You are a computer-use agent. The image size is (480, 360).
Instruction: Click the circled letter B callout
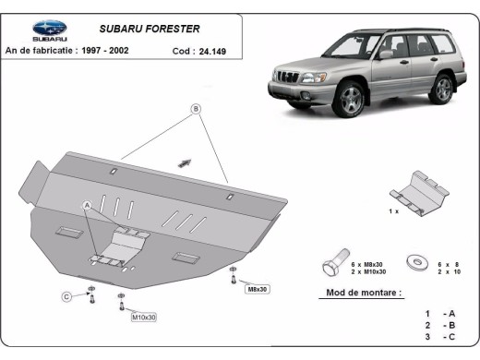(196, 109)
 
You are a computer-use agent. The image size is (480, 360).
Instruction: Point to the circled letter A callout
(88, 205)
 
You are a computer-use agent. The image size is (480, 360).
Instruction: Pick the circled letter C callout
(66, 296)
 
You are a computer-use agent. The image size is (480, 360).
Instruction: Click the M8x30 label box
(256, 290)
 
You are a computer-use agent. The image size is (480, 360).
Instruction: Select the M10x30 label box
(144, 318)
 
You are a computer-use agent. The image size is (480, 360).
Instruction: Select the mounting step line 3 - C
(439, 340)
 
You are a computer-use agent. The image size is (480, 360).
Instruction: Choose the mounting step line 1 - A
(439, 314)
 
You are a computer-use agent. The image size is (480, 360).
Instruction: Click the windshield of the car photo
(352, 43)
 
